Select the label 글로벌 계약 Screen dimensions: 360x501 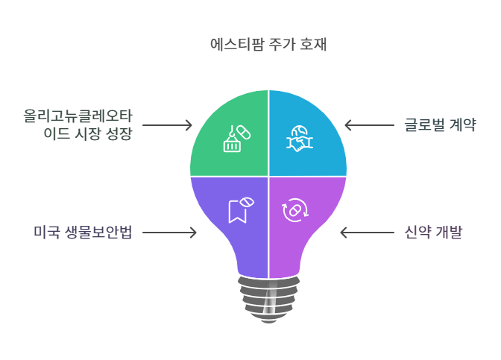click(x=440, y=124)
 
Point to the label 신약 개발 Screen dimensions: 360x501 click(x=429, y=233)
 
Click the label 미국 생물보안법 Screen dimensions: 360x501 click(x=83, y=233)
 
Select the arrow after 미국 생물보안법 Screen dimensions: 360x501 click(x=169, y=233)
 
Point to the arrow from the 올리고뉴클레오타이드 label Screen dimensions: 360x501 click(x=168, y=124)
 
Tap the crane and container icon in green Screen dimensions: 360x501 click(x=236, y=139)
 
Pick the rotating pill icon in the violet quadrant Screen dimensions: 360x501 click(x=294, y=210)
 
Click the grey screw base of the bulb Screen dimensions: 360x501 click(x=268, y=298)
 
